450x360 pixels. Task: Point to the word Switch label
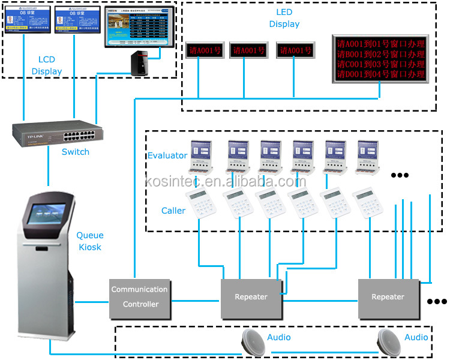click(76, 152)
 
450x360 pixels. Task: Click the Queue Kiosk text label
click(90, 241)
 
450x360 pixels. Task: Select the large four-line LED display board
click(380, 58)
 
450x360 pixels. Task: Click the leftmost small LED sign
click(203, 50)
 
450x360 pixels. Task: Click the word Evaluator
click(167, 155)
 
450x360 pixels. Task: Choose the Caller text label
click(173, 211)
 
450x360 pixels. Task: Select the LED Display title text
click(284, 18)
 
